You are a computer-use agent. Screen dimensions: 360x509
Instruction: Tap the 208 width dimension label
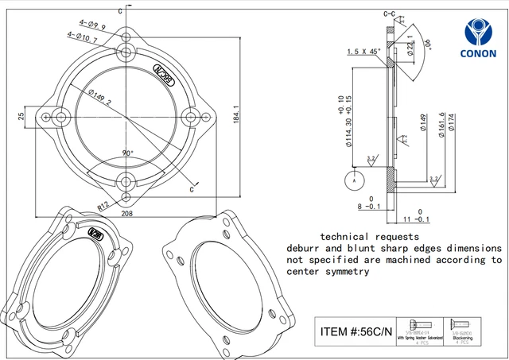(x=127, y=214)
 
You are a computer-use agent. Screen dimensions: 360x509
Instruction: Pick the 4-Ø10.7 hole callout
(x=82, y=37)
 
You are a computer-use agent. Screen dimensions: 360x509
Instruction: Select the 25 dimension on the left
(x=22, y=117)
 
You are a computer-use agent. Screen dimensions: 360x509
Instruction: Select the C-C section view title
(x=390, y=14)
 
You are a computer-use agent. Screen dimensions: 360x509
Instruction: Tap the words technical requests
(x=368, y=237)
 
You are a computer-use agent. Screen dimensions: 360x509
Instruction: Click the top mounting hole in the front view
(x=126, y=52)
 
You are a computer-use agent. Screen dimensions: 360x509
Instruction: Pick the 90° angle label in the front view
(x=127, y=153)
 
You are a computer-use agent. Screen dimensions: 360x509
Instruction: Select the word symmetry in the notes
(x=344, y=271)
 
